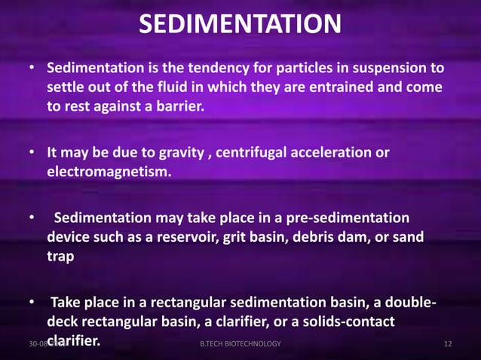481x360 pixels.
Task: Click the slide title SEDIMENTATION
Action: pyautogui.click(x=240, y=26)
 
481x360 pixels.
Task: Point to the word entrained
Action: pyautogui.click(x=338, y=88)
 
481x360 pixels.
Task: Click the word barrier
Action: pyautogui.click(x=178, y=106)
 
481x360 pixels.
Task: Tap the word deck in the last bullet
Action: pyautogui.click(x=62, y=322)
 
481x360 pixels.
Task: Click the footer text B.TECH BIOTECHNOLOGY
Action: pyautogui.click(x=240, y=344)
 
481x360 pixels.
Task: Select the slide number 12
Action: pyautogui.click(x=448, y=344)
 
